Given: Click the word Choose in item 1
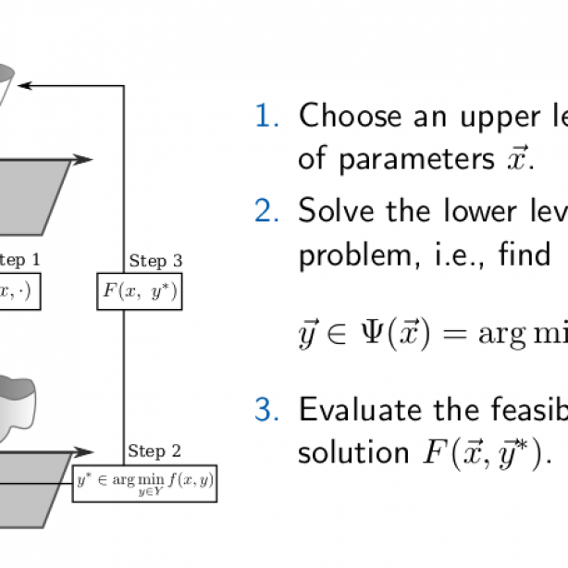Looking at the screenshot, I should (x=352, y=117).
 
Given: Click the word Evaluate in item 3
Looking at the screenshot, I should (x=362, y=410).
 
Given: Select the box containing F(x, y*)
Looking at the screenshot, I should (x=138, y=291).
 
